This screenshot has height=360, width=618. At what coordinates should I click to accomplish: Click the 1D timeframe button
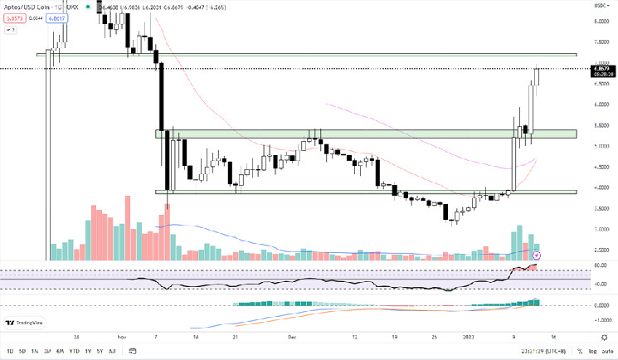tap(9, 351)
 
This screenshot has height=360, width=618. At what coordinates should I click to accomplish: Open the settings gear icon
tap(603, 338)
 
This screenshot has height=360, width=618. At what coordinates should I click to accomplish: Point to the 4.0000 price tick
tap(601, 187)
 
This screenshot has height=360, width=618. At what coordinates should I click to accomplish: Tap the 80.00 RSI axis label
tap(601, 265)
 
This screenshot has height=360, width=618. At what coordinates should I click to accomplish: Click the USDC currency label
tap(601, 6)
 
